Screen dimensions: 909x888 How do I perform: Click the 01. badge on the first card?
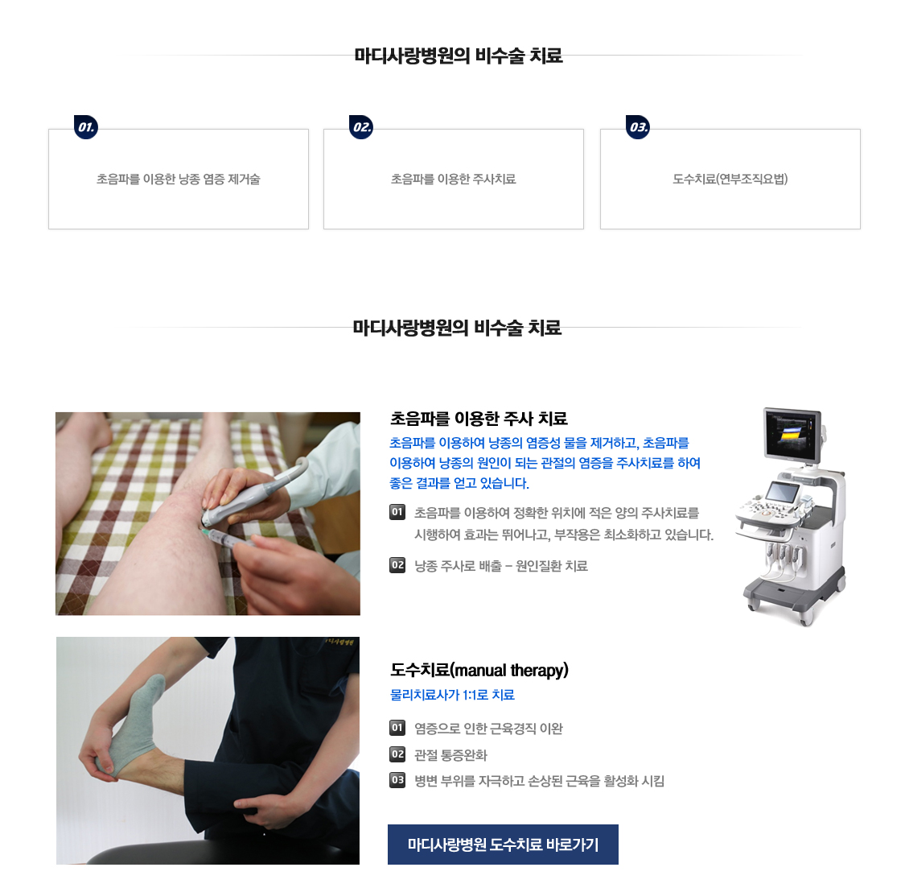[86, 127]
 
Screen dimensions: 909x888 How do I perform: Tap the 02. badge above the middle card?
[361, 127]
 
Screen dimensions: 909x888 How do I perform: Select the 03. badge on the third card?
[638, 127]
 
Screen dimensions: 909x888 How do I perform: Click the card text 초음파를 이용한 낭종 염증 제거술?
[179, 180]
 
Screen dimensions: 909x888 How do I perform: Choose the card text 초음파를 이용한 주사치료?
[454, 180]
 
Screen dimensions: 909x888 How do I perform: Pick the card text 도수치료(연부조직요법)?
[730, 180]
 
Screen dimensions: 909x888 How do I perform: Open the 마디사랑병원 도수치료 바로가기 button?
[504, 845]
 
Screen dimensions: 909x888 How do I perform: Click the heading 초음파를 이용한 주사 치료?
[479, 418]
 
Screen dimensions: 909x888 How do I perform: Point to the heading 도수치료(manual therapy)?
[479, 670]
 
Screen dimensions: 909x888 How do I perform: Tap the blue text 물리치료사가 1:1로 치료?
[453, 695]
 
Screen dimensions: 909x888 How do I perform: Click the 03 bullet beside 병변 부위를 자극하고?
[397, 780]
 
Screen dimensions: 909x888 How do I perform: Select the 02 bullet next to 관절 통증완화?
[397, 754]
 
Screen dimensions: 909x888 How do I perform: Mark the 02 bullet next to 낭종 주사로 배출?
[397, 565]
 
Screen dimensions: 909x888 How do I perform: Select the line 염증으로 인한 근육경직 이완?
[489, 729]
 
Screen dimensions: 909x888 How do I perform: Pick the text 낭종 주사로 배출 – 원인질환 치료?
[501, 565]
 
